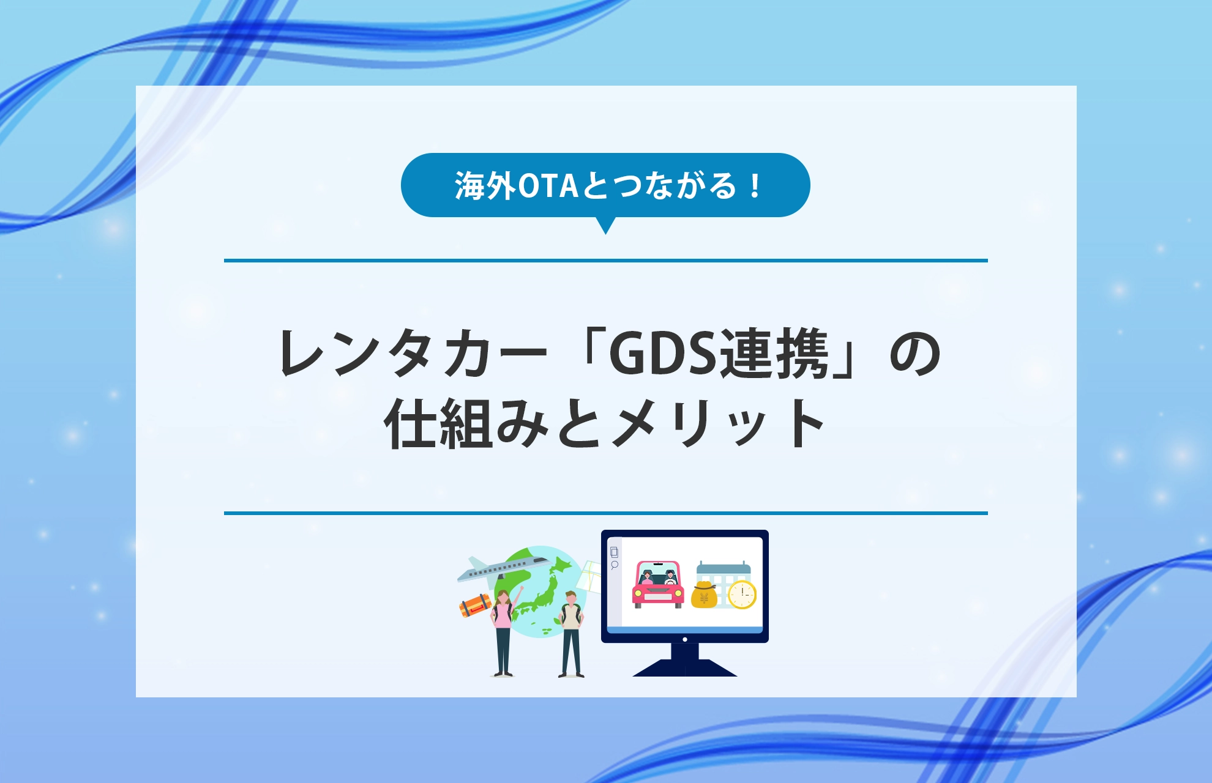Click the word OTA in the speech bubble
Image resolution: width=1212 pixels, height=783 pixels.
tap(548, 186)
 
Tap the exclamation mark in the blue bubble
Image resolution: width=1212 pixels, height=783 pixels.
tap(756, 186)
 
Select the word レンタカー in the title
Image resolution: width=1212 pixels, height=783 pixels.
tap(411, 354)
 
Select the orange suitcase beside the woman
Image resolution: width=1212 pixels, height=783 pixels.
tap(475, 606)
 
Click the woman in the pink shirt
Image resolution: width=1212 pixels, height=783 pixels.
tap(503, 630)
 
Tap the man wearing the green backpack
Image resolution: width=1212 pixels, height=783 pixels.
tap(570, 633)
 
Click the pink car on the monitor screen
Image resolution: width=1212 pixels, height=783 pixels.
tap(657, 585)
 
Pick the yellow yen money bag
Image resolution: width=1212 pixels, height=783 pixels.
tap(704, 595)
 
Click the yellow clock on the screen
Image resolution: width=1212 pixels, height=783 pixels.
tap(743, 593)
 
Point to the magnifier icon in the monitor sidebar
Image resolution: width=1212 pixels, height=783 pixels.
tap(615, 565)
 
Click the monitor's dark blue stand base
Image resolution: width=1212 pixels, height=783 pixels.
tap(684, 668)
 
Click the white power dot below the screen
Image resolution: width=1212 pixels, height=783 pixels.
tap(684, 639)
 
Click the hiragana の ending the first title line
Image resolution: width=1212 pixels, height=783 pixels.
tap(915, 354)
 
